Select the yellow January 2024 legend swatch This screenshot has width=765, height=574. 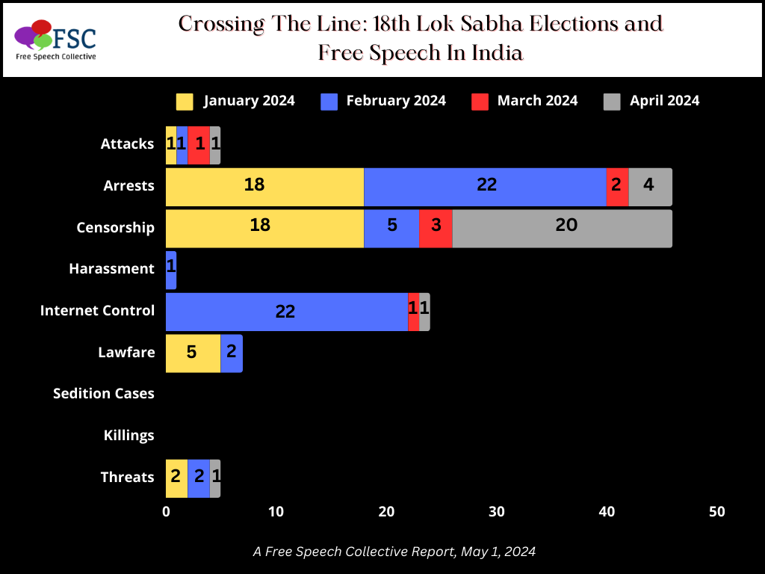185,101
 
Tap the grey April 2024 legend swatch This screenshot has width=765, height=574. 612,101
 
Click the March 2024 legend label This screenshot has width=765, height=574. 537,101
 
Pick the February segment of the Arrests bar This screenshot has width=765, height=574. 485,185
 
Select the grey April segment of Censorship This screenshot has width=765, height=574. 562,227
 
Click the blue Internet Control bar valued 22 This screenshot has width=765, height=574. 286,311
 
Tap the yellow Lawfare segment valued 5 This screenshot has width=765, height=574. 193,352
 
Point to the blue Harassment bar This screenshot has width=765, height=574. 171,269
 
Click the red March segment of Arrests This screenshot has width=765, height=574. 617,185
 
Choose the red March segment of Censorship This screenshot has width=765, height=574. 436,227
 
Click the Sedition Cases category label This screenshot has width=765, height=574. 104,394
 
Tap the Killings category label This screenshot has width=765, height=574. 129,436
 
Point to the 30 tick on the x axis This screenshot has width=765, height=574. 497,512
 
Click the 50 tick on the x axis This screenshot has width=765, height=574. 716,512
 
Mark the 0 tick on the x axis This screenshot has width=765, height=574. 166,512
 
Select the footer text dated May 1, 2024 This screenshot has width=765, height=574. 394,552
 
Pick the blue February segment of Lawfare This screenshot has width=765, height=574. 232,352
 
